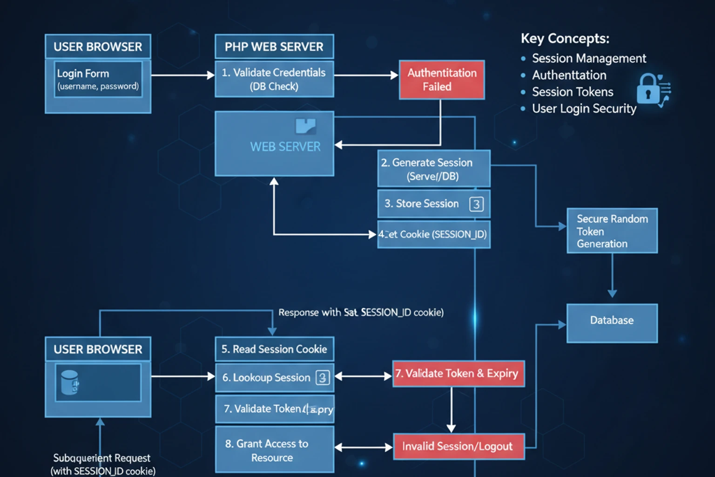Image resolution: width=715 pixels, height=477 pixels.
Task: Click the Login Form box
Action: pyautogui.click(x=98, y=79)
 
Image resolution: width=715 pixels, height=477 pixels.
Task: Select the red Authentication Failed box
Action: pyautogui.click(x=441, y=80)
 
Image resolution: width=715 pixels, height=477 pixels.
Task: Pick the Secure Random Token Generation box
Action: pyautogui.click(x=612, y=231)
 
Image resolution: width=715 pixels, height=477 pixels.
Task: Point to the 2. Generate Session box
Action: pyautogui.click(x=433, y=169)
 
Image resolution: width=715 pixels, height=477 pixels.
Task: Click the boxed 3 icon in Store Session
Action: pyautogui.click(x=476, y=204)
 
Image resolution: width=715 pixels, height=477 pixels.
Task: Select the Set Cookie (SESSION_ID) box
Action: pyautogui.click(x=433, y=234)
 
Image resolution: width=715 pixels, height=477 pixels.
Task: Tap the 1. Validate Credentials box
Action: pyautogui.click(x=274, y=79)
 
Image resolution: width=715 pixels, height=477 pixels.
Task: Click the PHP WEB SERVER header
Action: pyautogui.click(x=274, y=47)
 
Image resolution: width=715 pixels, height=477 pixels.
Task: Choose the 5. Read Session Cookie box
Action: pyautogui.click(x=274, y=349)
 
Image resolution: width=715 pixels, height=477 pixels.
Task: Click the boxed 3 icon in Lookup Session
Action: pyautogui.click(x=323, y=377)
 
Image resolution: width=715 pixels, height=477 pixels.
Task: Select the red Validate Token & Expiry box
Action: pyautogui.click(x=458, y=374)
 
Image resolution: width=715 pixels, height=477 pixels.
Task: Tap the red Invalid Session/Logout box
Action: pyautogui.click(x=459, y=446)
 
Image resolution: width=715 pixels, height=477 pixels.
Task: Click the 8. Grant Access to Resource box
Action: pyautogui.click(x=274, y=450)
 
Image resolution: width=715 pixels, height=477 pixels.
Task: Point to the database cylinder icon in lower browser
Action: pyautogui.click(x=70, y=382)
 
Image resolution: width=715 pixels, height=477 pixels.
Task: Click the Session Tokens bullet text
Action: pyautogui.click(x=573, y=92)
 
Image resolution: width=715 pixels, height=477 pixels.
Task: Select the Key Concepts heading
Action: pyautogui.click(x=565, y=39)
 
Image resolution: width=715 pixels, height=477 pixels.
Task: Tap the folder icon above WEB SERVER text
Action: pyautogui.click(x=306, y=126)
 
